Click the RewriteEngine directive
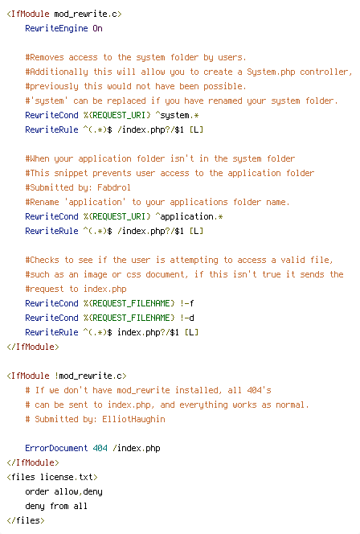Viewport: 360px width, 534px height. (x=56, y=28)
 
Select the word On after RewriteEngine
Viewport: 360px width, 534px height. (x=98, y=28)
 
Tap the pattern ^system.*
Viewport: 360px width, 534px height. (x=177, y=115)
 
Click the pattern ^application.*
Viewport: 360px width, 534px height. (x=189, y=216)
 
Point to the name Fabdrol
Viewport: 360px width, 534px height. (x=114, y=187)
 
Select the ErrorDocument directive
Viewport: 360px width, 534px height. (x=56, y=448)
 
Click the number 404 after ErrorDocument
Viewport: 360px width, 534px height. (x=100, y=448)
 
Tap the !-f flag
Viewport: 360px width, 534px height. (x=186, y=303)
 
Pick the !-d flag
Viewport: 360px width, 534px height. (x=186, y=318)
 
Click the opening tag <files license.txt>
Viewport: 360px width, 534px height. (x=52, y=477)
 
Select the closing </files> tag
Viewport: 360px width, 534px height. (x=26, y=520)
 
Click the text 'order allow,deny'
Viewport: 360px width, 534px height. (x=63, y=491)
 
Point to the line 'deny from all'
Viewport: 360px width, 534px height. (x=56, y=506)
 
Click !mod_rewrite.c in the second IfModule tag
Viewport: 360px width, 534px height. (x=90, y=376)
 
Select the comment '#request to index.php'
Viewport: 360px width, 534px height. (x=76, y=289)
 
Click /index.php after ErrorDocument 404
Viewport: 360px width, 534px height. (x=136, y=448)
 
